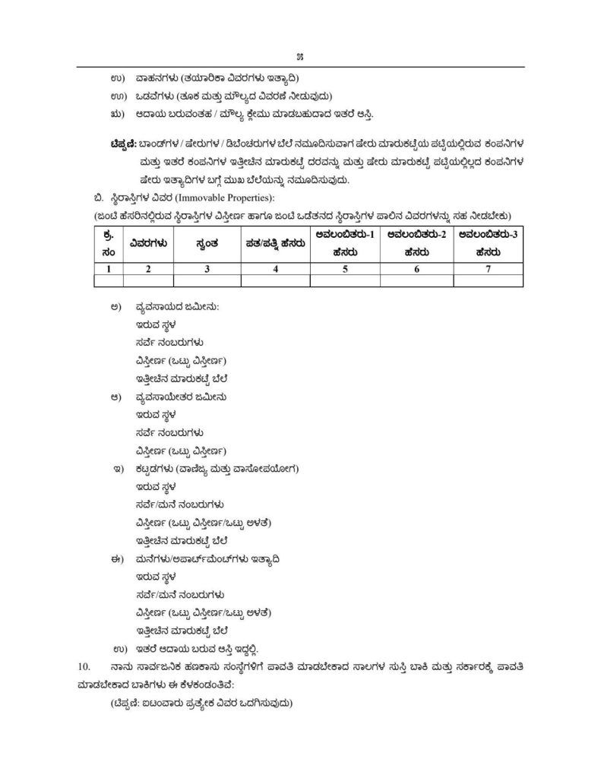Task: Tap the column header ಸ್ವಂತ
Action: (x=207, y=242)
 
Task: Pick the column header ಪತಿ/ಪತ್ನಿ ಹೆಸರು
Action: (x=275, y=242)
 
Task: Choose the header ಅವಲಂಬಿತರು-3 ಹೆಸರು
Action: (x=489, y=242)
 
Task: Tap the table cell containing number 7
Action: (x=489, y=267)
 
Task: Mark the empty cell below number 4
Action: (x=275, y=280)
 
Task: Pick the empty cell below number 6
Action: (x=416, y=280)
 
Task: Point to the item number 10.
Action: (x=84, y=666)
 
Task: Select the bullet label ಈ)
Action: (x=115, y=558)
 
